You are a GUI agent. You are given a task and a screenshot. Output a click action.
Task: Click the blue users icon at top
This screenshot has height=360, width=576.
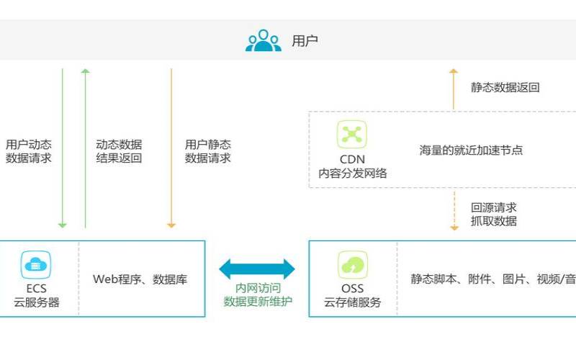point(264,40)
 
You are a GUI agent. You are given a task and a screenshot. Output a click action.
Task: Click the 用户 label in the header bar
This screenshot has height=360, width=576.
point(305,41)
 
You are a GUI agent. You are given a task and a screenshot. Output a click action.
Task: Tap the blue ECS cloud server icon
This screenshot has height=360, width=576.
point(35,266)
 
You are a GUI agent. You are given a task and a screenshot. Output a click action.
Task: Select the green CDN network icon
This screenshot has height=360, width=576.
point(352,135)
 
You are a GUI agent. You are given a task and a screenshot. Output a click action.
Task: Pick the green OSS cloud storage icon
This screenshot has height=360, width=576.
point(353,266)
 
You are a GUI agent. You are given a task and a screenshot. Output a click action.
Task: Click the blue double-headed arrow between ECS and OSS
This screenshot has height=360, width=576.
point(257,269)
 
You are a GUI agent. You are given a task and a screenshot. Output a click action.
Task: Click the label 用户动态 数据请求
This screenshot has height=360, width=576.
point(29,151)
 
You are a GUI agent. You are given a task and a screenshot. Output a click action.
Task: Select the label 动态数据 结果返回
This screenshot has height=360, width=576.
point(119,151)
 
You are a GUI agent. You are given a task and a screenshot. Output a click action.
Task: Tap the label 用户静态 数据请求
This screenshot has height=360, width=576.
point(208,151)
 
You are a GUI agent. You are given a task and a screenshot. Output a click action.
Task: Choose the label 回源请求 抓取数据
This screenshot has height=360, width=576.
point(494,215)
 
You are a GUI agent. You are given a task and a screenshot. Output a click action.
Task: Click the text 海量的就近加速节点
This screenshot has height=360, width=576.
point(471,150)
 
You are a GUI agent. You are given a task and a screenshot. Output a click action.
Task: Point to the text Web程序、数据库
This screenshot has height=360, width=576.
point(140,279)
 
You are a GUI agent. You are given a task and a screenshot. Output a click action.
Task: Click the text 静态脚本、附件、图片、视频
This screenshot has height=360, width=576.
point(493,279)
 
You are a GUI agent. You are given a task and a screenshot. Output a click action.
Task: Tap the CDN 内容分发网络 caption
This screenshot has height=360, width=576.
point(353,166)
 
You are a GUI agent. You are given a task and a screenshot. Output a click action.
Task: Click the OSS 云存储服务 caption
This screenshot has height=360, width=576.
point(353,296)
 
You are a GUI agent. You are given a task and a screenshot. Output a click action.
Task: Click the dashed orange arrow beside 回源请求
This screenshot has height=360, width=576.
point(454,210)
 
